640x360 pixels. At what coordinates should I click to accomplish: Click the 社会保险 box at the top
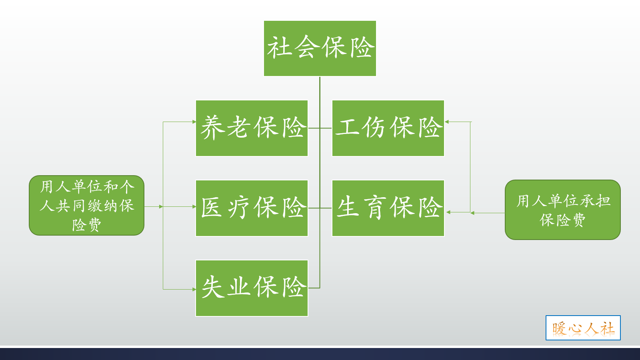(x=320, y=48)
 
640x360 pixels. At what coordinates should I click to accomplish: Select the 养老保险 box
(x=252, y=128)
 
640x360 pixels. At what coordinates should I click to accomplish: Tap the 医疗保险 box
(x=252, y=208)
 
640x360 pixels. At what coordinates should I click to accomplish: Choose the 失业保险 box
(x=252, y=288)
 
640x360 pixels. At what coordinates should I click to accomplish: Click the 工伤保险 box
(x=388, y=128)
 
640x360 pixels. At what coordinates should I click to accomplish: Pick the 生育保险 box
(x=388, y=208)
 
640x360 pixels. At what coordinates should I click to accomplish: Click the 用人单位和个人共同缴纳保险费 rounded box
(x=86, y=205)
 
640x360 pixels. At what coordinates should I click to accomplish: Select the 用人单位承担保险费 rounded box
(x=562, y=210)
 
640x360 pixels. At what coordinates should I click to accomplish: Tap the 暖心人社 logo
(x=583, y=328)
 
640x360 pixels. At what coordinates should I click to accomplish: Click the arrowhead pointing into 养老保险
(x=194, y=122)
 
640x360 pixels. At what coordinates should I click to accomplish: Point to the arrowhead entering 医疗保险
(x=194, y=207)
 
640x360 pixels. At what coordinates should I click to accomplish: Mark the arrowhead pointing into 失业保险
(x=194, y=289)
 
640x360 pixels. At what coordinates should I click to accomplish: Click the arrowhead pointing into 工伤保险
(x=447, y=122)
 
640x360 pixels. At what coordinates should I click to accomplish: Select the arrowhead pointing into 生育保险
(x=448, y=212)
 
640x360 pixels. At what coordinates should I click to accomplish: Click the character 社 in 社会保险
(x=279, y=48)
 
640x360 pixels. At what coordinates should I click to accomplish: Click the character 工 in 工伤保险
(x=347, y=128)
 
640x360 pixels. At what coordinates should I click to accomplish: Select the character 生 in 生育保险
(x=347, y=207)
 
